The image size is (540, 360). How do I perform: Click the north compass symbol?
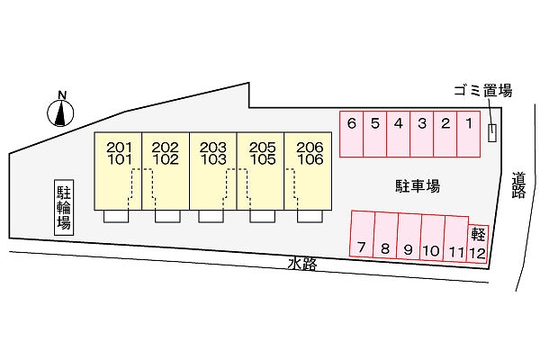point(60,113)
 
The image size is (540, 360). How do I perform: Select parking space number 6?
point(351,134)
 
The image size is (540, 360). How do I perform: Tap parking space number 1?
point(468,134)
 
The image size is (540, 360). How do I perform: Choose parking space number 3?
point(421,134)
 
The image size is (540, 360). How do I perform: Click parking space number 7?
point(362,234)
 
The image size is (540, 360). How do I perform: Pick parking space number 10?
point(432,238)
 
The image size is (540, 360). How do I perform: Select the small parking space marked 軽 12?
point(478,244)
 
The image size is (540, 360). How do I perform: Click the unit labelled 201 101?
point(118,171)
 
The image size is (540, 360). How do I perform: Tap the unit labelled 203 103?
point(213,171)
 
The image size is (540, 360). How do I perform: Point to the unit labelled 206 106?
point(308,171)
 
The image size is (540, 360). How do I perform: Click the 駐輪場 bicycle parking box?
point(64,207)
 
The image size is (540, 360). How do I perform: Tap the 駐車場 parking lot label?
point(418,186)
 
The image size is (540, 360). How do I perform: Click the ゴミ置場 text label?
point(482,91)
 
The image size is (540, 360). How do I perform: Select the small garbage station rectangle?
point(492,132)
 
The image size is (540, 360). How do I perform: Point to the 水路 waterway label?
point(302,265)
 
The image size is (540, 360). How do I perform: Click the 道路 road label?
point(518,185)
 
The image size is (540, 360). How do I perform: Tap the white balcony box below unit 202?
point(167,216)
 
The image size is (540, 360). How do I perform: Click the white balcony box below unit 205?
point(263,216)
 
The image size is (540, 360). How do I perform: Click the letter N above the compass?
point(62,95)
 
